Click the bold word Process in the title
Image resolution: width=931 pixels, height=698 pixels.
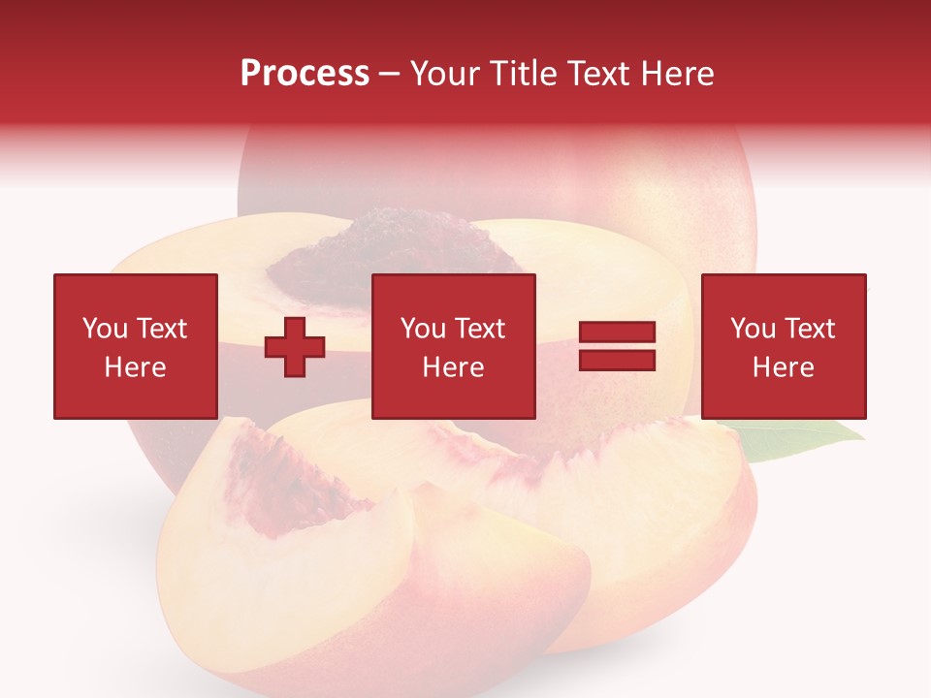tap(305, 74)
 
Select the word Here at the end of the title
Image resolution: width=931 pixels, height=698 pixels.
tap(676, 74)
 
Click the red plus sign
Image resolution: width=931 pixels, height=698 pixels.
tap(295, 346)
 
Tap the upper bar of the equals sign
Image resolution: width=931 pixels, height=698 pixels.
tap(617, 333)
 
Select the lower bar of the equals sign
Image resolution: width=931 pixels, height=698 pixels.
tap(617, 360)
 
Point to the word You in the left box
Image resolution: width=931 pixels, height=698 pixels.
tap(104, 329)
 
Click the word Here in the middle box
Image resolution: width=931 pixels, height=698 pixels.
tap(453, 367)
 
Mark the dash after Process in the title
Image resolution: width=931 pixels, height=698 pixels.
tap(390, 75)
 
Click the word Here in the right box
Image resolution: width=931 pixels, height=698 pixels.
tap(783, 367)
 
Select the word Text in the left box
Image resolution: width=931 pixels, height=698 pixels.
tap(161, 329)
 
